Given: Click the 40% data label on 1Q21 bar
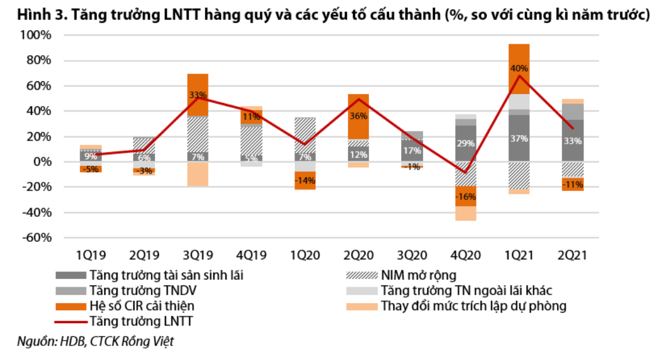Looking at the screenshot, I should coord(519,68).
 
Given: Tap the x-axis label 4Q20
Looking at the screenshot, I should coord(465,255).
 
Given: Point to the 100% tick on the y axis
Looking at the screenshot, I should coord(38,35).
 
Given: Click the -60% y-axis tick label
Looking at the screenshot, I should coord(38,238).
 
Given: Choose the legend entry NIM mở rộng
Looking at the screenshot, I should coord(418,275).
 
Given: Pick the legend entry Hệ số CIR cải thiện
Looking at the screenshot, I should coord(142,305).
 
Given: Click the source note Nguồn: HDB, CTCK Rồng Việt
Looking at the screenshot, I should coord(96,341).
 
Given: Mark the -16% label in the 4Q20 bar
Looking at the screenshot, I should coord(465,196).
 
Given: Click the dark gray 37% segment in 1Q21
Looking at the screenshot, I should coord(519,139).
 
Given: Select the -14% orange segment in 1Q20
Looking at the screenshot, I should coord(305,181).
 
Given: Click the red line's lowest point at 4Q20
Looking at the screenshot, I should coord(465,173).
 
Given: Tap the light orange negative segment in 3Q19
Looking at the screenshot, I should coord(198,174).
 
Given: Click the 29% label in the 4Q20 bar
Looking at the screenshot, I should coord(465,143).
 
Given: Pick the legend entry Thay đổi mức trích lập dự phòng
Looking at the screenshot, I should coord(473,305).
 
